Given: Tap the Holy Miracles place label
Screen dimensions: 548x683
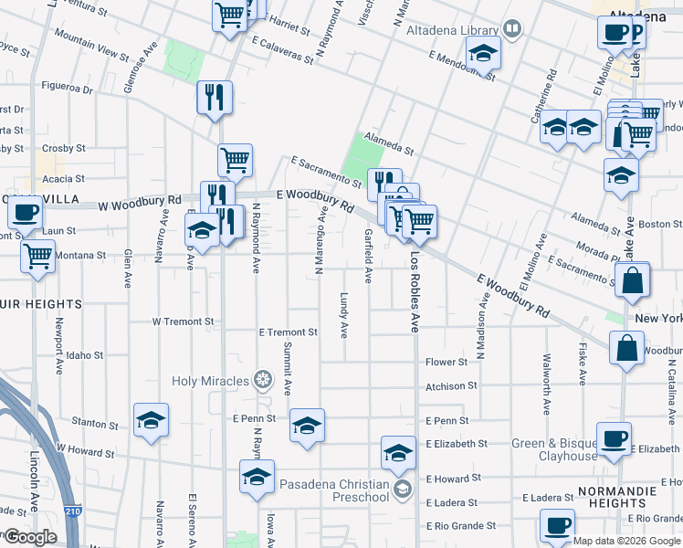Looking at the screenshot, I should coord(210,380).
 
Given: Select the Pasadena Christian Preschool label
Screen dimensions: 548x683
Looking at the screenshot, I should coord(335,490).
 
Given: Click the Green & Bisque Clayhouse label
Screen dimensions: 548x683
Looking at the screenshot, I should coord(554,449).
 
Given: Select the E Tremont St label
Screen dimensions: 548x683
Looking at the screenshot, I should coord(288,332).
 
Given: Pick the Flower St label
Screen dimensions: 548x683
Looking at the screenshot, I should coord(447,362).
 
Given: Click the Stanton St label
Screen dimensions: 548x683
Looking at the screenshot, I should coord(95,423).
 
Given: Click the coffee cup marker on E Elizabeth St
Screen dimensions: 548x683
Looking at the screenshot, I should coord(614,437).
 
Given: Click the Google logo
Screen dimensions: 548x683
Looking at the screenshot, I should coord(29,537).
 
